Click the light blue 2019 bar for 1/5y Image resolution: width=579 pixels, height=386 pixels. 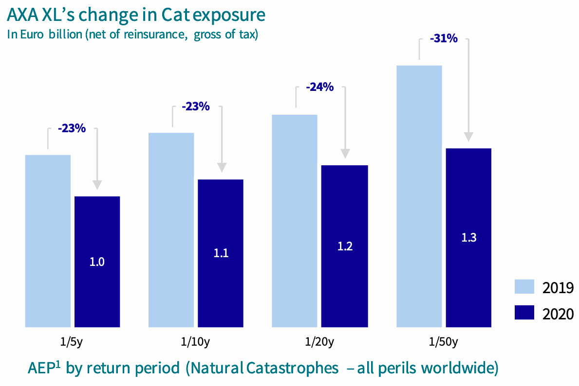(48, 241)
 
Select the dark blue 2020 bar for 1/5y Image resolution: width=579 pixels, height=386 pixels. (97, 262)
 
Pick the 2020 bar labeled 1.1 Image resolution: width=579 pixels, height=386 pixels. (221, 253)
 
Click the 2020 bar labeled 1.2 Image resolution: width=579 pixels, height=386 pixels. (345, 246)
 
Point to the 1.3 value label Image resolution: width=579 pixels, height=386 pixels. (469, 238)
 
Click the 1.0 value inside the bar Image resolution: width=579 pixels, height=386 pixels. (97, 262)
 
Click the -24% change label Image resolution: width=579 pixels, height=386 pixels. (319, 88)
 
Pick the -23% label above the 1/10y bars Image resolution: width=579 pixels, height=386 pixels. (195, 106)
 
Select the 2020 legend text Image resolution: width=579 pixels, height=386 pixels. (558, 314)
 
